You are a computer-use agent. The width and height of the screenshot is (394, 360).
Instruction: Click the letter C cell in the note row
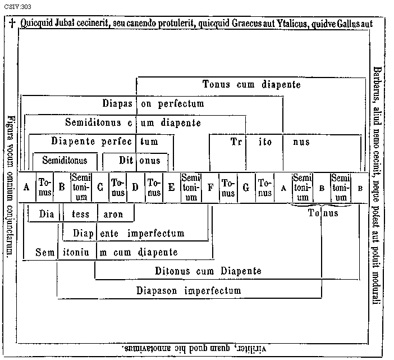point(100,188)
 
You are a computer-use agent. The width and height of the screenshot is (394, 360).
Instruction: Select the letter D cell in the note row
point(135,188)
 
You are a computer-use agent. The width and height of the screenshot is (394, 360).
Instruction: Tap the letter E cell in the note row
point(171,188)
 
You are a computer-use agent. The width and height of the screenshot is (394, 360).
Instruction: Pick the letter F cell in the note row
point(210,188)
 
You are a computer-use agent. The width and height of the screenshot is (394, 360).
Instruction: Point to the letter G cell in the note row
point(245,188)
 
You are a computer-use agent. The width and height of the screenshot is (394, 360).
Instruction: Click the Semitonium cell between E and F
point(191,188)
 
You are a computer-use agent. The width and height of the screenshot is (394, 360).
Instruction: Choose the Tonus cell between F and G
point(228,188)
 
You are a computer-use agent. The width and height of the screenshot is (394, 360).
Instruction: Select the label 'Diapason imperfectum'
point(189,291)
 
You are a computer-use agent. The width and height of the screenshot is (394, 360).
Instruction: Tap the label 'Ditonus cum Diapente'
point(208,271)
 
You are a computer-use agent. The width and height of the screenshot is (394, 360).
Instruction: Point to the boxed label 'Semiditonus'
point(65,161)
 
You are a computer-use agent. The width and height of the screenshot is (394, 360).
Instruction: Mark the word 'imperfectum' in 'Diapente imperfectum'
point(163,233)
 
